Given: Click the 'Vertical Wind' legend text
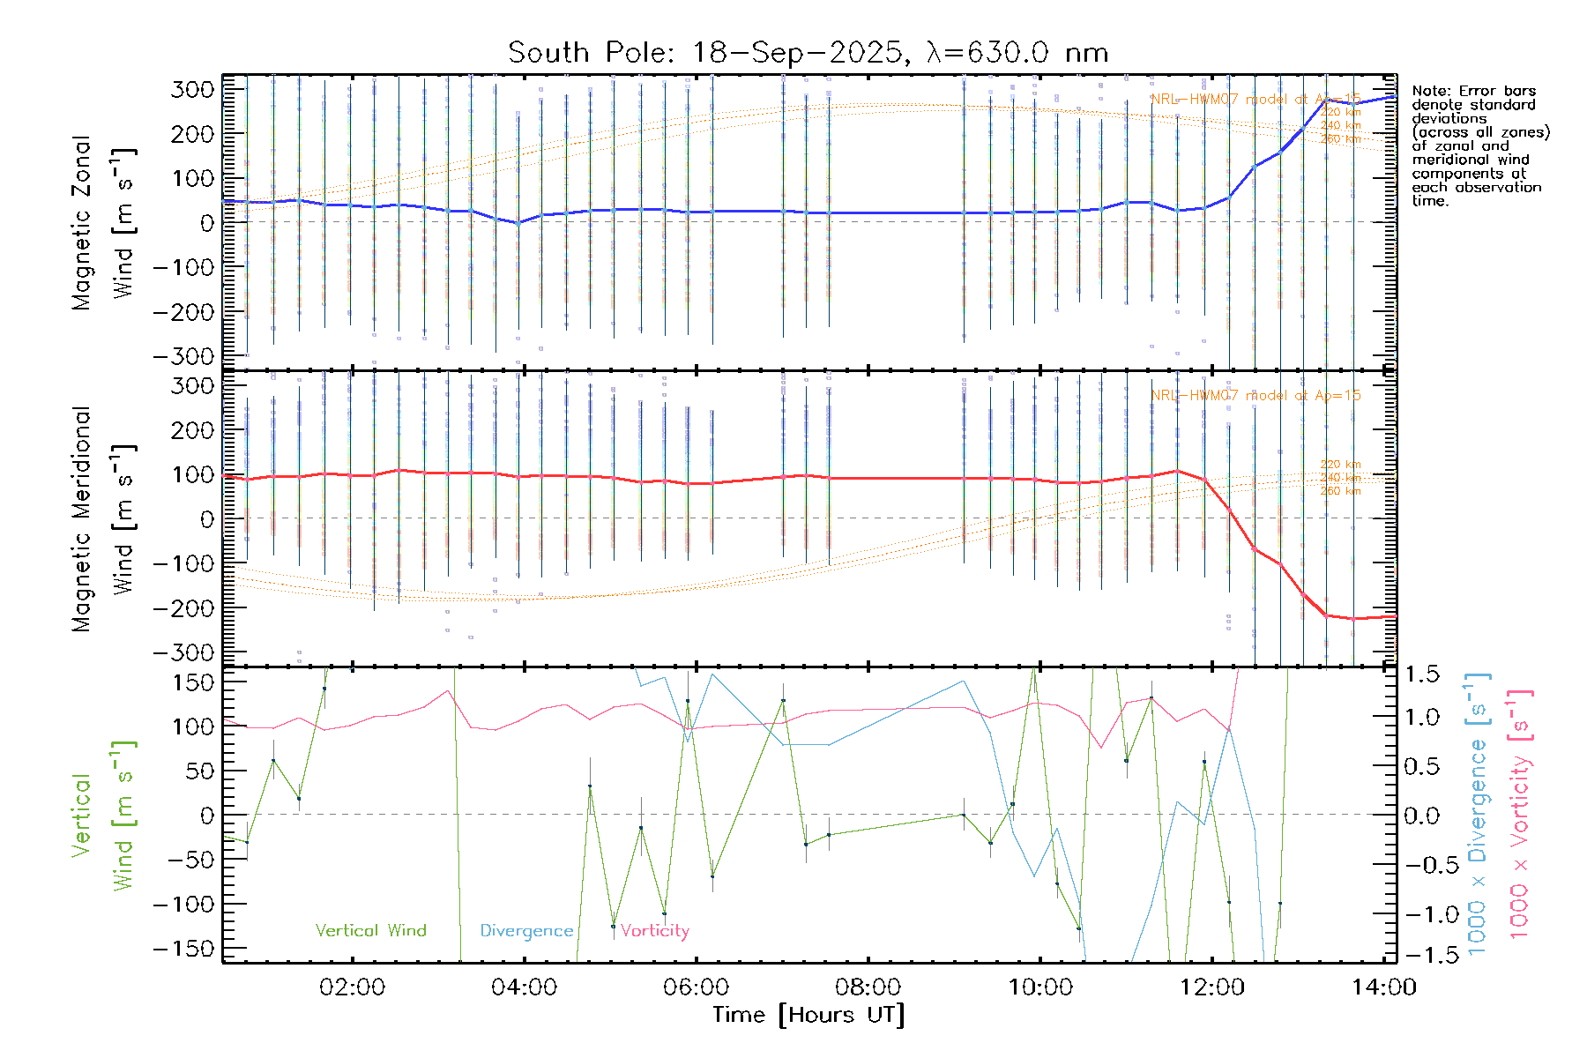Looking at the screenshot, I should (x=370, y=930).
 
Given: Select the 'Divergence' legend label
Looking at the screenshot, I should (x=526, y=931).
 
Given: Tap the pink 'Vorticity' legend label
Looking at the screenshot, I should (x=654, y=930).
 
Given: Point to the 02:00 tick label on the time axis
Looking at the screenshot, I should (x=352, y=987).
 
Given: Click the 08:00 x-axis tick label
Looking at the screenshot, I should (x=868, y=987).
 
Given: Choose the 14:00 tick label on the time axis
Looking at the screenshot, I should (x=1383, y=987).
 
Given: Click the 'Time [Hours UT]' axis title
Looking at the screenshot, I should (x=808, y=1015).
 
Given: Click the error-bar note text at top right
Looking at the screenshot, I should (x=1479, y=145).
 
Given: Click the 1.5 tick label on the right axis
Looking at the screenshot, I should (x=1421, y=674).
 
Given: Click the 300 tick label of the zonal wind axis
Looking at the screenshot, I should (x=193, y=89).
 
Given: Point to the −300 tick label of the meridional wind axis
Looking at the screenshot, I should (x=183, y=652).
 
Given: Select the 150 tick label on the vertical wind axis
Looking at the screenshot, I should (x=193, y=682).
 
